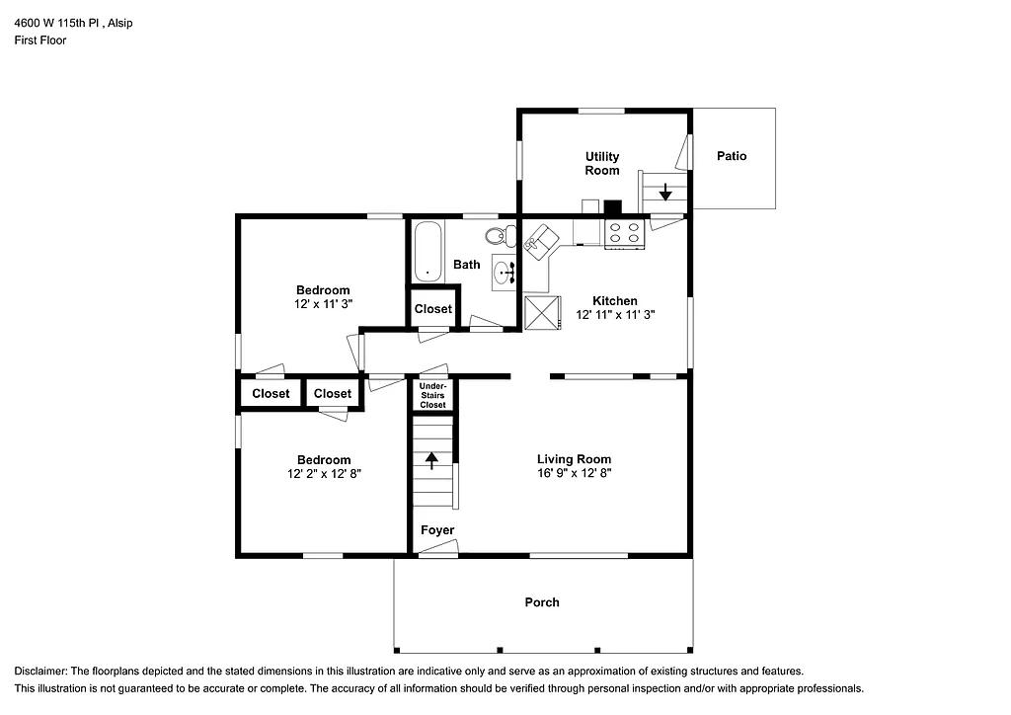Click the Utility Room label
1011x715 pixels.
click(x=601, y=163)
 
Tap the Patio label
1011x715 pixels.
click(x=732, y=156)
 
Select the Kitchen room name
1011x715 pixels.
click(x=614, y=301)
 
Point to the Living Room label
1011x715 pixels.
click(x=574, y=459)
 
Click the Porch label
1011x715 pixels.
click(x=542, y=602)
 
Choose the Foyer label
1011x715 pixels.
click(x=437, y=530)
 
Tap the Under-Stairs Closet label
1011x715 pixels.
click(x=432, y=395)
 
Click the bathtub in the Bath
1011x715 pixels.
click(x=428, y=251)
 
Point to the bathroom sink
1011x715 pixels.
click(x=504, y=272)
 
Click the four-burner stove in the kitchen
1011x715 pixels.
click(x=624, y=233)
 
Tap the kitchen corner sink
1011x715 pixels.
click(x=540, y=241)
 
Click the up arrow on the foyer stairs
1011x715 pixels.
click(x=431, y=458)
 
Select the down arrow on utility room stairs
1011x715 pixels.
click(x=666, y=191)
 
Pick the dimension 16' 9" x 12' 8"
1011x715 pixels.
click(x=574, y=473)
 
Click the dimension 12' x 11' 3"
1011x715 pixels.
click(x=324, y=304)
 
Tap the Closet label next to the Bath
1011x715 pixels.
click(x=432, y=309)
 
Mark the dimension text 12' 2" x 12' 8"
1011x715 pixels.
click(x=324, y=474)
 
